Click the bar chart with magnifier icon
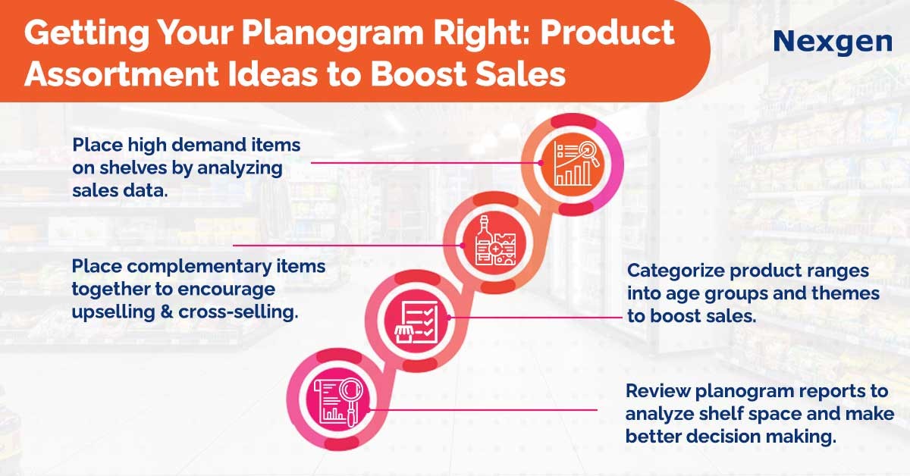(573, 163)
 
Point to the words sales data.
(120, 190)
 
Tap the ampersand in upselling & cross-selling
(167, 312)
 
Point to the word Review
(657, 390)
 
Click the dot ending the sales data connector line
(541, 163)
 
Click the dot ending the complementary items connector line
(463, 246)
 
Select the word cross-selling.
(238, 312)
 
